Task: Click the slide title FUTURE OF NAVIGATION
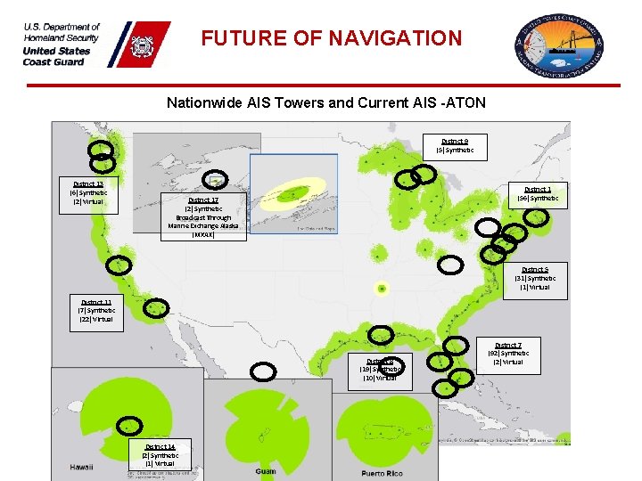(331, 38)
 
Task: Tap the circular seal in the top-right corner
(558, 45)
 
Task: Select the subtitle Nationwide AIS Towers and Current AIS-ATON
(325, 102)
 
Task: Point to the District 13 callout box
(88, 192)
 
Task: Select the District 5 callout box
(535, 278)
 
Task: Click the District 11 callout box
(95, 311)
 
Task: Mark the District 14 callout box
(160, 454)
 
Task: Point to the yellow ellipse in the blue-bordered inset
(292, 194)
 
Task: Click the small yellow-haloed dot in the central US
(382, 288)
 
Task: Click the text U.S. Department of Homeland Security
(62, 33)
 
